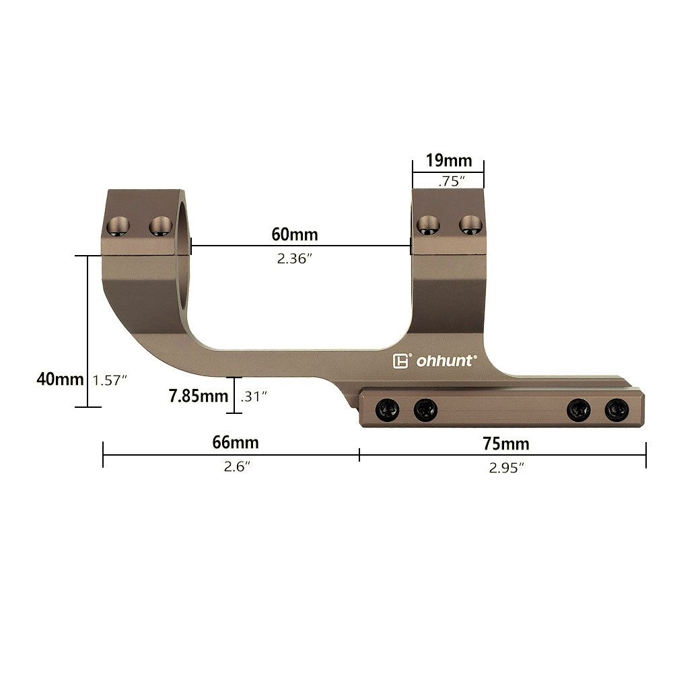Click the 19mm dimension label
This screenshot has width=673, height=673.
click(x=448, y=161)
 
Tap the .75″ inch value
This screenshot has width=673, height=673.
click(x=452, y=181)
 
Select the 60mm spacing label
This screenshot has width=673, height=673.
click(x=295, y=234)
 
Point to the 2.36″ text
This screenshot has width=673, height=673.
click(x=294, y=258)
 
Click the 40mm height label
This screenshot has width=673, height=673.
click(x=60, y=380)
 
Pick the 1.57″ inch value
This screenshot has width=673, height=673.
click(x=110, y=380)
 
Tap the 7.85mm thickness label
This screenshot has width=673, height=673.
click(x=199, y=396)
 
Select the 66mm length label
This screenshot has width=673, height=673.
click(x=236, y=443)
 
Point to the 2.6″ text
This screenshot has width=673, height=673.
click(x=237, y=466)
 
